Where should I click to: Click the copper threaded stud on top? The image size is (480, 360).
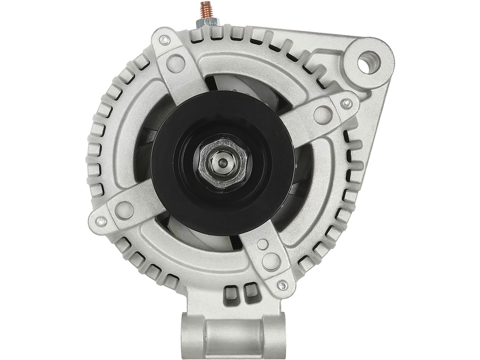(x=206, y=10)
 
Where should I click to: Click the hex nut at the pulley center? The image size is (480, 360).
(x=222, y=163)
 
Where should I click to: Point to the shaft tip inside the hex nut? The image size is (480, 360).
(x=223, y=163)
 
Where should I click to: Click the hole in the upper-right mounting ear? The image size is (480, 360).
(x=368, y=63)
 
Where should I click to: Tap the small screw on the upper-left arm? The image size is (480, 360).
(x=165, y=40)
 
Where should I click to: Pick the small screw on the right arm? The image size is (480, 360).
(x=346, y=104)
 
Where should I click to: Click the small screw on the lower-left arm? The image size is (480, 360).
(x=101, y=221)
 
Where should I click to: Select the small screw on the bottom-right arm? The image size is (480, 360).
(x=281, y=285)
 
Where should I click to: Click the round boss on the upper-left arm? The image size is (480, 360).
(x=176, y=64)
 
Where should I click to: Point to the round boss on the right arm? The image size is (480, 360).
(x=323, y=116)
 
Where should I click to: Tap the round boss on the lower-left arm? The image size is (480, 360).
(x=124, y=210)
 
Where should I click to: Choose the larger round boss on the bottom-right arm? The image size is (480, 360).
(x=271, y=261)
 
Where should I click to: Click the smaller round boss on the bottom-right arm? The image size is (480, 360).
(x=263, y=244)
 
